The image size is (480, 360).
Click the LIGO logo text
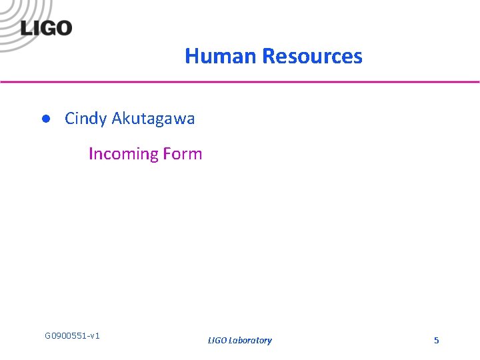click(x=46, y=29)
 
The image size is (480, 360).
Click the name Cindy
click(x=85, y=119)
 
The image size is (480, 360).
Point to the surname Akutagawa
click(x=153, y=119)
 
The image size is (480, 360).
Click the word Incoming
click(x=123, y=154)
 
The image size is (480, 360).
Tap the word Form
click(x=183, y=154)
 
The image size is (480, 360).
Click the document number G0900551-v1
click(x=72, y=335)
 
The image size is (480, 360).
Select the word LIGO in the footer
click(x=217, y=341)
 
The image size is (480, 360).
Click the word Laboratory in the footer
click(x=250, y=341)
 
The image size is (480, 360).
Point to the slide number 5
click(x=437, y=341)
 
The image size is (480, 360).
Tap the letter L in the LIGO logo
click(x=25, y=29)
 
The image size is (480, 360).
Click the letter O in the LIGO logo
click(x=63, y=29)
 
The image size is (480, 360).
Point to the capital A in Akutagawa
click(x=117, y=119)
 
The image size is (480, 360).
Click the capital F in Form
click(x=167, y=154)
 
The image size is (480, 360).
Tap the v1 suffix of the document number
click(x=95, y=335)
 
